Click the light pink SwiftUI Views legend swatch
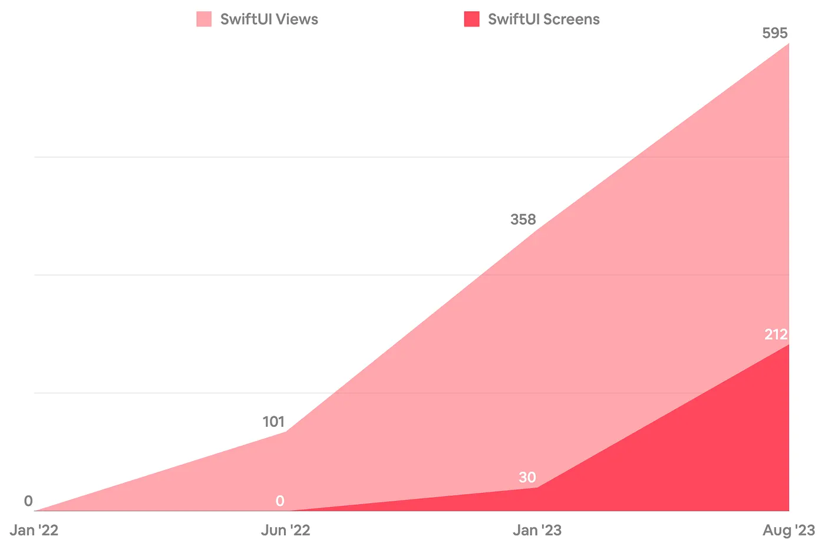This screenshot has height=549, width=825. point(204,19)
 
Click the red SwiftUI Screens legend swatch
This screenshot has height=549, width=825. point(471,19)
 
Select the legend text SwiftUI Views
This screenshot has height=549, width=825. point(269,19)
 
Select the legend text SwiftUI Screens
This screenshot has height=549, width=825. point(543,19)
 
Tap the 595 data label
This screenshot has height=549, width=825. point(774,33)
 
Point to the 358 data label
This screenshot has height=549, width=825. point(523,219)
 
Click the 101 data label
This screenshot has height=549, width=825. point(273,422)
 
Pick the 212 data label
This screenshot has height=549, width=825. point(775,334)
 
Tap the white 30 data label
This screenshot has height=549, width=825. point(527,477)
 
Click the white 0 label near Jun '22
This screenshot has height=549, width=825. point(280,501)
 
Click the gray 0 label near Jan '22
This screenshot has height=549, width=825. point(28,501)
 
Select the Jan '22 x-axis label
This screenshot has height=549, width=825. point(34,530)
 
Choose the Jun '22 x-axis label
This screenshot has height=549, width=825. point(286,530)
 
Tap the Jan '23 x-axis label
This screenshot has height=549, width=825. point(537,530)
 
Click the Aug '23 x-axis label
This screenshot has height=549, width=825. point(788,530)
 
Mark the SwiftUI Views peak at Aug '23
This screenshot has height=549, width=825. point(788,44)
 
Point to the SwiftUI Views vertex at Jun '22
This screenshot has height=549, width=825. point(286,432)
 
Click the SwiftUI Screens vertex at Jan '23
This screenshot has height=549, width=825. point(537,487)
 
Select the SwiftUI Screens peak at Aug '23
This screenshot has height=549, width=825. point(788,345)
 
